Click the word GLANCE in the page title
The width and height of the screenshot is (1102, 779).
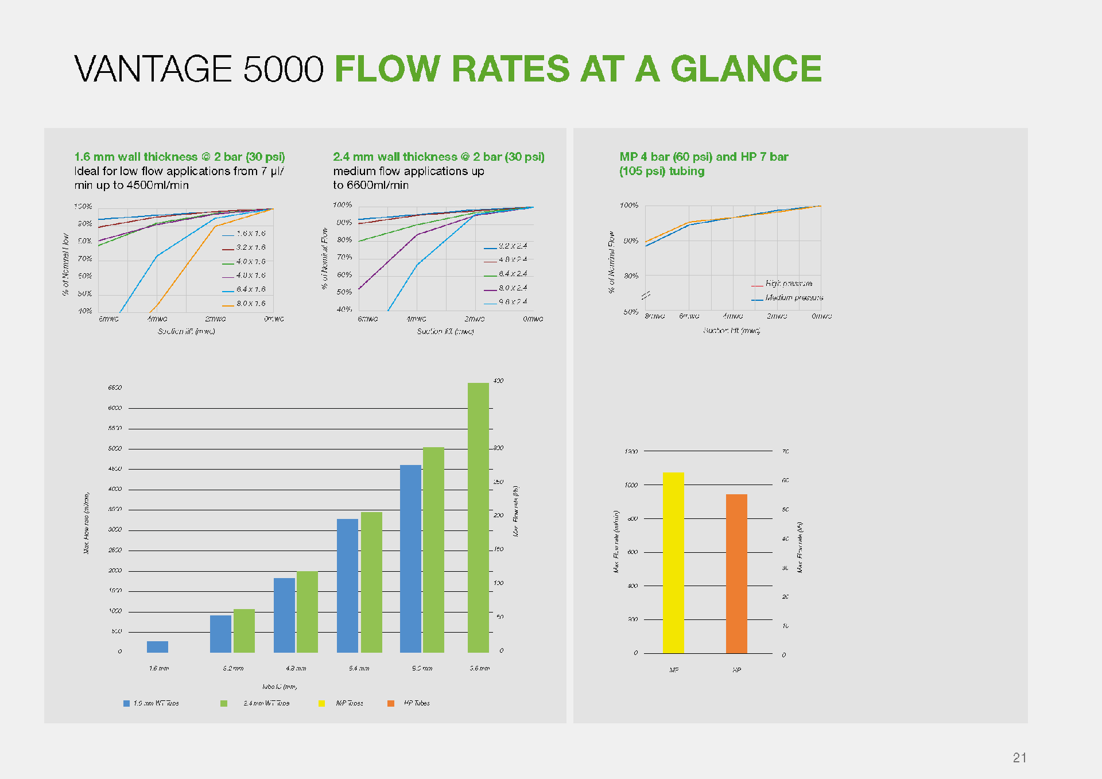pyautogui.click(x=746, y=69)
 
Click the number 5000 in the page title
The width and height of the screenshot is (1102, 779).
pyautogui.click(x=284, y=69)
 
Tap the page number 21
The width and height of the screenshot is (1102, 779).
pyautogui.click(x=1019, y=758)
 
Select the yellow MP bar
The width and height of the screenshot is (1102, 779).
pyautogui.click(x=673, y=563)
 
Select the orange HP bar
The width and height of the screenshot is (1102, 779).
pyautogui.click(x=736, y=573)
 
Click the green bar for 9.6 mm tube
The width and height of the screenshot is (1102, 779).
pyautogui.click(x=478, y=517)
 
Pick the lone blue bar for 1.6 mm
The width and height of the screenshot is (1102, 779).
pyautogui.click(x=157, y=647)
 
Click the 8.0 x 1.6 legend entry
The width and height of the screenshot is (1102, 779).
pyautogui.click(x=251, y=304)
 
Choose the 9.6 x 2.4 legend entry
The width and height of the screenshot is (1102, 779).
pyautogui.click(x=513, y=302)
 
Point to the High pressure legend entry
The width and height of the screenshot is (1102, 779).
pyautogui.click(x=789, y=284)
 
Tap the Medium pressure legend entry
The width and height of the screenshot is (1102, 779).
pyautogui.click(x=794, y=298)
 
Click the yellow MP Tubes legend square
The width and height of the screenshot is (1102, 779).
pyautogui.click(x=322, y=703)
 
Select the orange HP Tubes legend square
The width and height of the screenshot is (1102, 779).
pyautogui.click(x=391, y=703)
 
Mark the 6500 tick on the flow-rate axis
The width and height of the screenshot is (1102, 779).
pyautogui.click(x=115, y=387)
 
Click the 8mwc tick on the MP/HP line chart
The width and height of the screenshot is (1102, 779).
pyautogui.click(x=654, y=316)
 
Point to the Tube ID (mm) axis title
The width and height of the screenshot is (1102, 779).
pyautogui.click(x=280, y=687)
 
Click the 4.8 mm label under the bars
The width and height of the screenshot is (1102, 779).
pyautogui.click(x=296, y=668)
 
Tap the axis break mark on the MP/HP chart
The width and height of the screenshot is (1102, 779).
pyautogui.click(x=646, y=295)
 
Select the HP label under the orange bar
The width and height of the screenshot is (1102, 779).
pyautogui.click(x=736, y=670)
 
